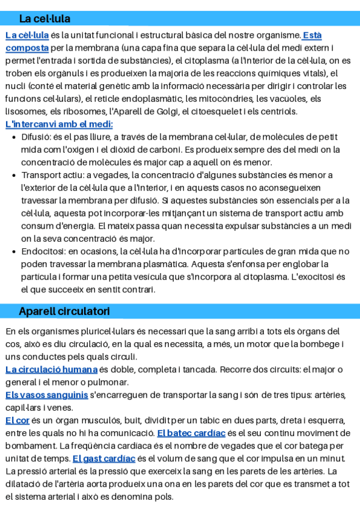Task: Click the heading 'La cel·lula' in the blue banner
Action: coord(44,19)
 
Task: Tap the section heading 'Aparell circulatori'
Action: coord(64,311)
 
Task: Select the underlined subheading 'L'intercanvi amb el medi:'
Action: coord(59,124)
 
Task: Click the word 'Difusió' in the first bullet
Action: coord(35,137)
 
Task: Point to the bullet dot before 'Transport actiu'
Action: coord(14,175)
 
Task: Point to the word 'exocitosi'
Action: coord(312,277)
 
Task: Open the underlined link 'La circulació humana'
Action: coord(51,369)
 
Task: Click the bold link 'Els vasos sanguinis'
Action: coord(47,395)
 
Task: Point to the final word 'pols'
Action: coord(163,497)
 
